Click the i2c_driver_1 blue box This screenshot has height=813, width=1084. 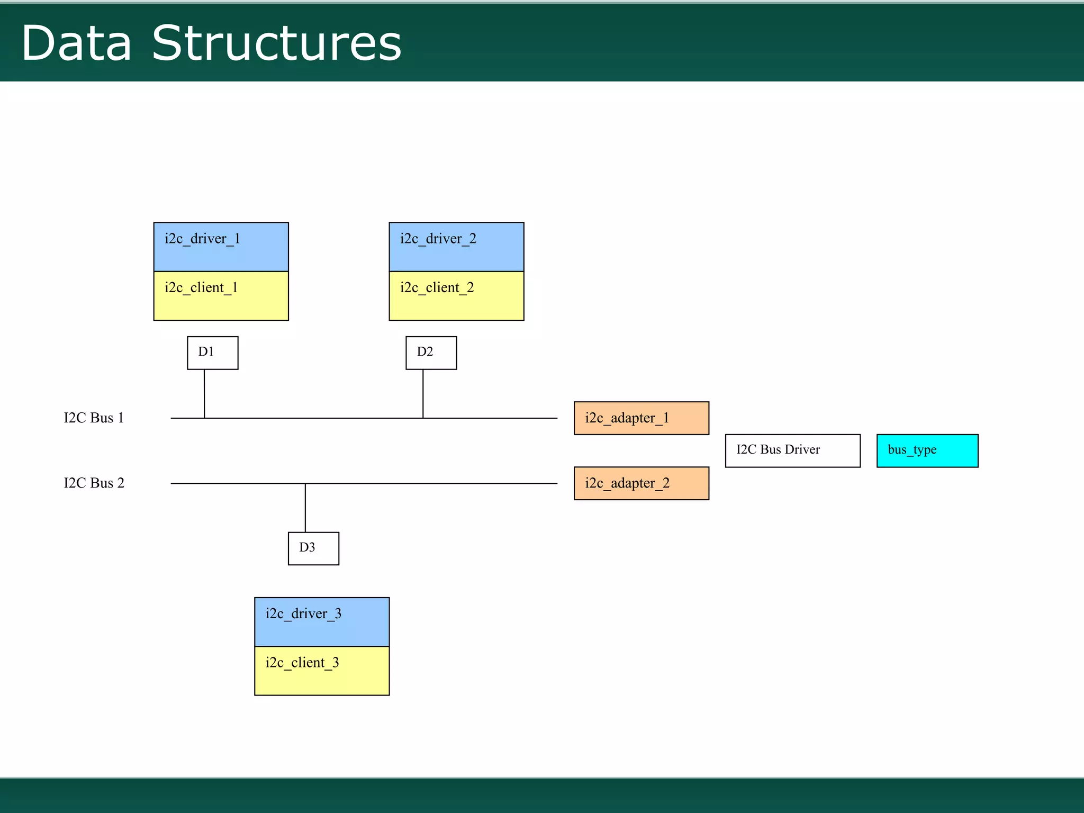point(221,247)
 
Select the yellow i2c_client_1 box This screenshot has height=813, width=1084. point(221,296)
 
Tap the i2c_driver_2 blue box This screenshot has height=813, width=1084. point(456,247)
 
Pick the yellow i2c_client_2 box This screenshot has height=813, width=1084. point(456,296)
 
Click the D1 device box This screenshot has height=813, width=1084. point(212,353)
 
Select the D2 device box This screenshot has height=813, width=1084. point(431,353)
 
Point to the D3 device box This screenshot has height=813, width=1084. point(313,548)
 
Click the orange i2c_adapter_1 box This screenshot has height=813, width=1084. point(641,418)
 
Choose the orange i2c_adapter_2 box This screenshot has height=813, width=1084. point(641,483)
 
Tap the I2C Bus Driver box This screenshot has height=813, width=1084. point(792,450)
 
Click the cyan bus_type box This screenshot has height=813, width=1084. point(927,450)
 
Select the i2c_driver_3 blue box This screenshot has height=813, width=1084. point(322,622)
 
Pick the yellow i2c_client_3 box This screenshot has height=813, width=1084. point(322,671)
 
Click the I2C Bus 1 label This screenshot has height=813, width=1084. point(94,418)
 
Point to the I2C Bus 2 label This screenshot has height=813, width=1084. point(94,483)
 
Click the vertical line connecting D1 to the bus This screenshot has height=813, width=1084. point(204,393)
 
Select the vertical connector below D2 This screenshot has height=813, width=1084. point(423,393)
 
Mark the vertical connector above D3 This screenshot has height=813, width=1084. point(305,508)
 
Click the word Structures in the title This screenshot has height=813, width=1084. point(276,43)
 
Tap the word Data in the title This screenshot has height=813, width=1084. point(76,43)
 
